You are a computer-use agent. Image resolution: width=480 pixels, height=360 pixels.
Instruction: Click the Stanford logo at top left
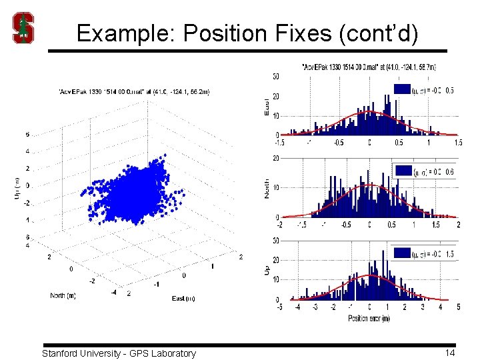pos(24,28)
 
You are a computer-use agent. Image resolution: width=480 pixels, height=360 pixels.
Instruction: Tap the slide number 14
pos(450,353)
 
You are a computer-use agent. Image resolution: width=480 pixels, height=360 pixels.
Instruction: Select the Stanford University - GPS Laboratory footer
pos(119,353)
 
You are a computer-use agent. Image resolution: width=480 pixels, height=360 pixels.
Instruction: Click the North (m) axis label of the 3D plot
pos(67,295)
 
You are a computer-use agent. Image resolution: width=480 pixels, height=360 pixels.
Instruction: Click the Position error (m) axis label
pos(369,318)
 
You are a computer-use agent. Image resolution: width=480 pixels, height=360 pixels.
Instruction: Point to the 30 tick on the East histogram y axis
pos(275,77)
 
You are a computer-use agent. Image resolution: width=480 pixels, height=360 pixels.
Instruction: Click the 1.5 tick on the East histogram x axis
pos(458,142)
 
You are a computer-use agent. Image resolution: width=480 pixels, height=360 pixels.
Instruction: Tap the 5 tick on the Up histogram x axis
pos(458,307)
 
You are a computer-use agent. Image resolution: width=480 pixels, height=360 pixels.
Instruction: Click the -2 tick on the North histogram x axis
pos(279,225)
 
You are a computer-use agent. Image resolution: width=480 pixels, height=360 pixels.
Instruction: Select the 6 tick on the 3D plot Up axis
pos(27,135)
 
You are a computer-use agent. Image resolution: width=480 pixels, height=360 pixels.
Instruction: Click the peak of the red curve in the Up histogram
pos(369,275)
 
